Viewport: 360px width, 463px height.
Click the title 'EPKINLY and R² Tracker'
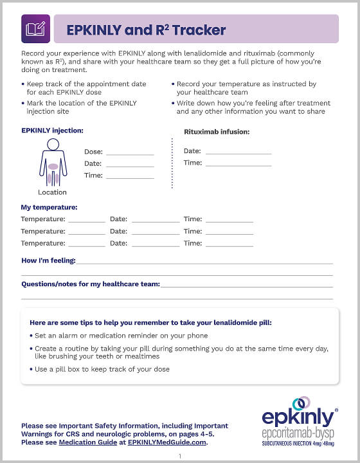(x=146, y=30)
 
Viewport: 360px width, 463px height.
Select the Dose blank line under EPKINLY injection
(x=130, y=153)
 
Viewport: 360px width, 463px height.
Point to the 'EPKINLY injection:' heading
(x=52, y=131)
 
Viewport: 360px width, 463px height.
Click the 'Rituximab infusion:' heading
(x=216, y=132)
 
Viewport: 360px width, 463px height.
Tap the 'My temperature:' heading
(x=50, y=207)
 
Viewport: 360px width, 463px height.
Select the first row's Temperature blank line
(x=86, y=220)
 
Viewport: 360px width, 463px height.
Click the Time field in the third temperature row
(x=229, y=244)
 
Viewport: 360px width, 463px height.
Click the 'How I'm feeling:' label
(x=48, y=260)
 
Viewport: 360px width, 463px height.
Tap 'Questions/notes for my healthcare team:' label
(x=91, y=284)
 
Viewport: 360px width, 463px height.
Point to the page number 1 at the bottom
(x=180, y=456)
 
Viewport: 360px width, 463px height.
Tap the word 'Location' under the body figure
(x=52, y=192)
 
